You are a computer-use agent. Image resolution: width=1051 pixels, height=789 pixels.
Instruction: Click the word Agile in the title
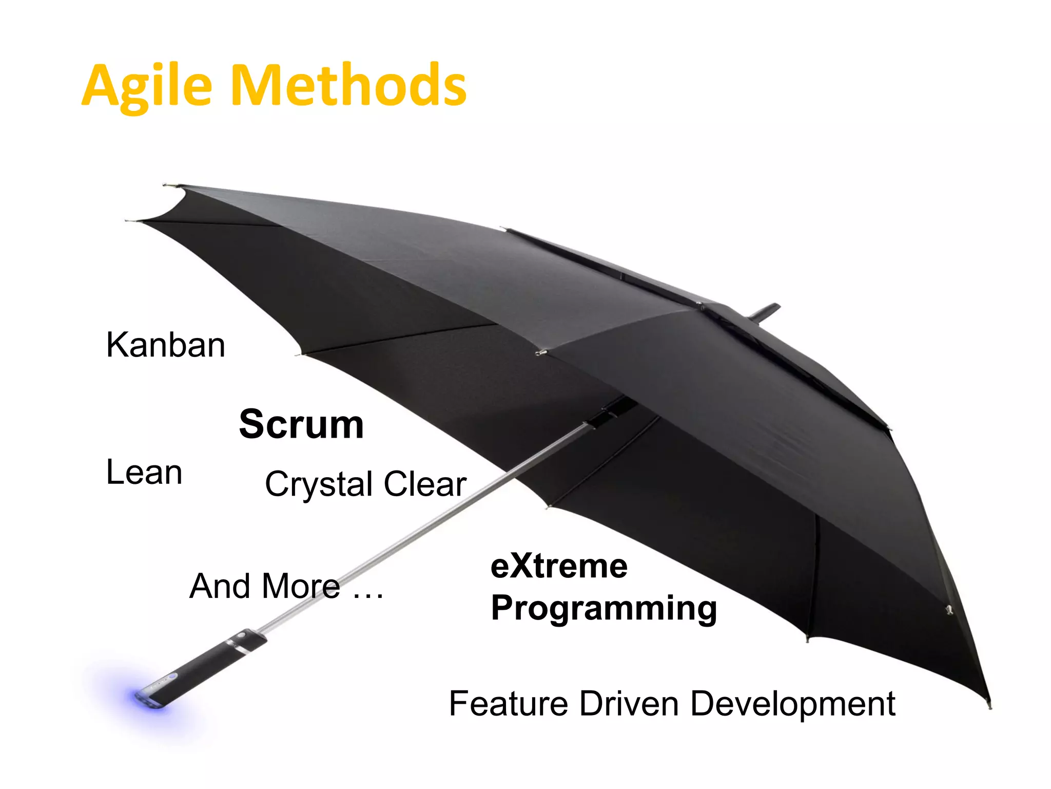pyautogui.click(x=147, y=86)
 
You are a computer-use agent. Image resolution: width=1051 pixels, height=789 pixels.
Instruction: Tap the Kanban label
pyautogui.click(x=165, y=345)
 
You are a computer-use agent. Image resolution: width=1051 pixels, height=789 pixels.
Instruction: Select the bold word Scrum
pyautogui.click(x=301, y=424)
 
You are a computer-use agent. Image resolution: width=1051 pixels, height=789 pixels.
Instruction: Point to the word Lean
pyautogui.click(x=144, y=472)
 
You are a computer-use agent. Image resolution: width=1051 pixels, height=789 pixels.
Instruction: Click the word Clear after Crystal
pyautogui.click(x=425, y=484)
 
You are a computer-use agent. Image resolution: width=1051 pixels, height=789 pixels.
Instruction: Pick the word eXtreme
pyautogui.click(x=559, y=567)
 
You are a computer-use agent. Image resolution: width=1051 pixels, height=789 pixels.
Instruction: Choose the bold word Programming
pyautogui.click(x=604, y=609)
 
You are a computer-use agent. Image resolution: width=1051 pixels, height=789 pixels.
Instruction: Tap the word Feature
pyautogui.click(x=508, y=704)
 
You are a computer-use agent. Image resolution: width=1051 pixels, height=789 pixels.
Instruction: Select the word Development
pyautogui.click(x=792, y=704)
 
